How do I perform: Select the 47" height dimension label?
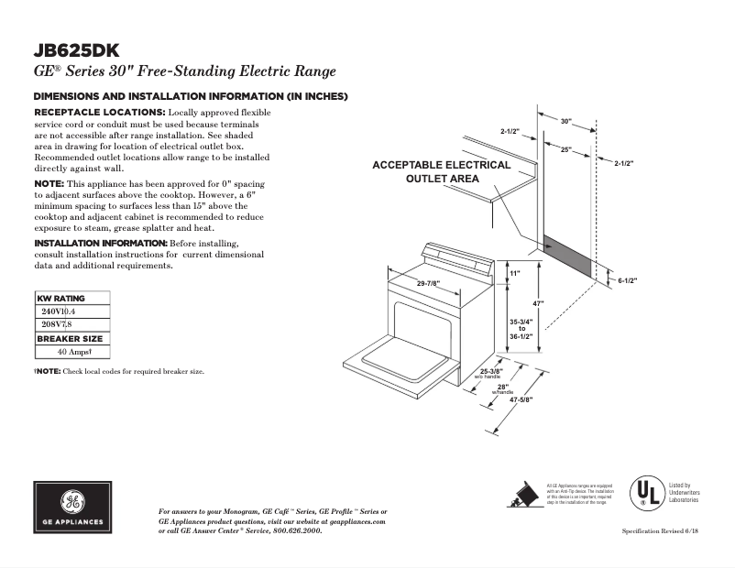(x=541, y=303)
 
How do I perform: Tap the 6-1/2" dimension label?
(x=627, y=280)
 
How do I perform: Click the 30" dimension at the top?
(x=565, y=121)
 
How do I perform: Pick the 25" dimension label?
(x=565, y=148)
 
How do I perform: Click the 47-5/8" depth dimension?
(x=521, y=399)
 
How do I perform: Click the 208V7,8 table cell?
(x=57, y=324)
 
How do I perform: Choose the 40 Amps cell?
(x=71, y=352)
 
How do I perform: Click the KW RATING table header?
(x=60, y=299)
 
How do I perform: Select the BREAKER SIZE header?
(x=70, y=338)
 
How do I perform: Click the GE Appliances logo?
(x=74, y=507)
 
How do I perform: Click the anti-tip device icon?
(x=523, y=493)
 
